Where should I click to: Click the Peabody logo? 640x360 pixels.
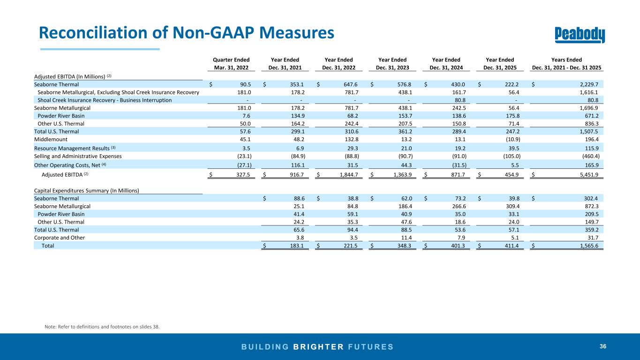coord(580,35)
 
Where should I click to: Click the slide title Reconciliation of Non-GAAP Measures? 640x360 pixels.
coord(186,32)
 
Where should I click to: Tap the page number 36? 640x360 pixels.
coord(603,346)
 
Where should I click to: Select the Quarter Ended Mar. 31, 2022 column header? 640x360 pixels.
coord(231,64)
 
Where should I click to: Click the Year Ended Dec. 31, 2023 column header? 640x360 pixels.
coord(392,64)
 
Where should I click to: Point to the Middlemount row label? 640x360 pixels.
coord(51,139)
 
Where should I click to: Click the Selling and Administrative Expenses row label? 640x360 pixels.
coord(78,156)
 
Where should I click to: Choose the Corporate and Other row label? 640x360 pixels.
coord(60,238)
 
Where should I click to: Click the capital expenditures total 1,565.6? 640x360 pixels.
coord(589,246)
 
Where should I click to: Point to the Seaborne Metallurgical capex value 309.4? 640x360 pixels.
coord(512,206)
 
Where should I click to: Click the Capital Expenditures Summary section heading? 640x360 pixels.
coord(87,191)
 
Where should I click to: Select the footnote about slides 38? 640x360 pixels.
coord(102,327)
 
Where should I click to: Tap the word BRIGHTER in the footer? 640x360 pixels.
coord(318,347)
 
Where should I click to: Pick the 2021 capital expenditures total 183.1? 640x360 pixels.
coord(297,246)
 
